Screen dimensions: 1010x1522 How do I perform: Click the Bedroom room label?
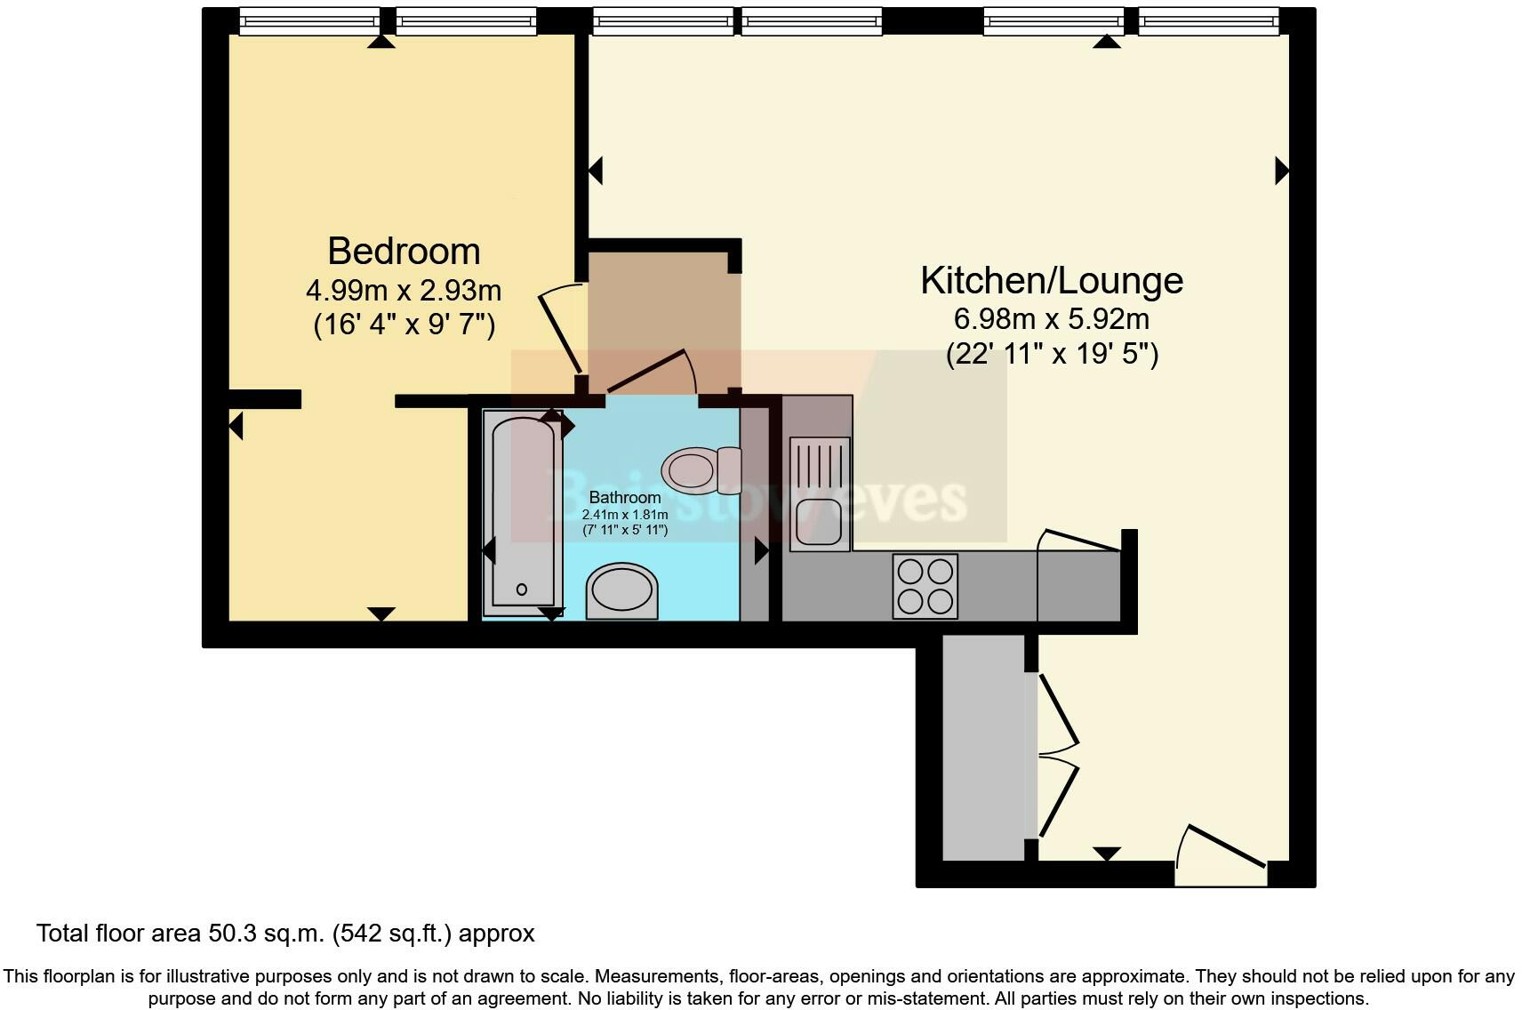(x=404, y=252)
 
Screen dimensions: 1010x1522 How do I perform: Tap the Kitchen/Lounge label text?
(x=1052, y=281)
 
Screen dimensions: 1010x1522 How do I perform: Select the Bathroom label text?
(x=625, y=498)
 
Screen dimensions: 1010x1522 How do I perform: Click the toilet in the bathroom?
(x=701, y=469)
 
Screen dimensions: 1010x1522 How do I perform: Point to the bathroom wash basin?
(x=622, y=590)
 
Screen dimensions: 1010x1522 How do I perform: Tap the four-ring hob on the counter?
(x=925, y=586)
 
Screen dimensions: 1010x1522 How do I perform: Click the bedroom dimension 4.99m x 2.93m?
(x=404, y=291)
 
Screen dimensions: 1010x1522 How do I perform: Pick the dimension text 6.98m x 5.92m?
(x=1052, y=318)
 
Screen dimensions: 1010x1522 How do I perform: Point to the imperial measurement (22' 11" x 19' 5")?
(x=1052, y=354)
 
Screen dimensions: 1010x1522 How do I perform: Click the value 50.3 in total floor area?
(x=229, y=934)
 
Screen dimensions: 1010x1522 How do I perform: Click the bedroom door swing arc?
(x=560, y=329)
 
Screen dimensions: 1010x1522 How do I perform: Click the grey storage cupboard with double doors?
(x=983, y=747)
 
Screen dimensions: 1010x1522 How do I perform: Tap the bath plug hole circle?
(x=522, y=589)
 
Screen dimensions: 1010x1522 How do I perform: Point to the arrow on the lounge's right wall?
(x=1281, y=170)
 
